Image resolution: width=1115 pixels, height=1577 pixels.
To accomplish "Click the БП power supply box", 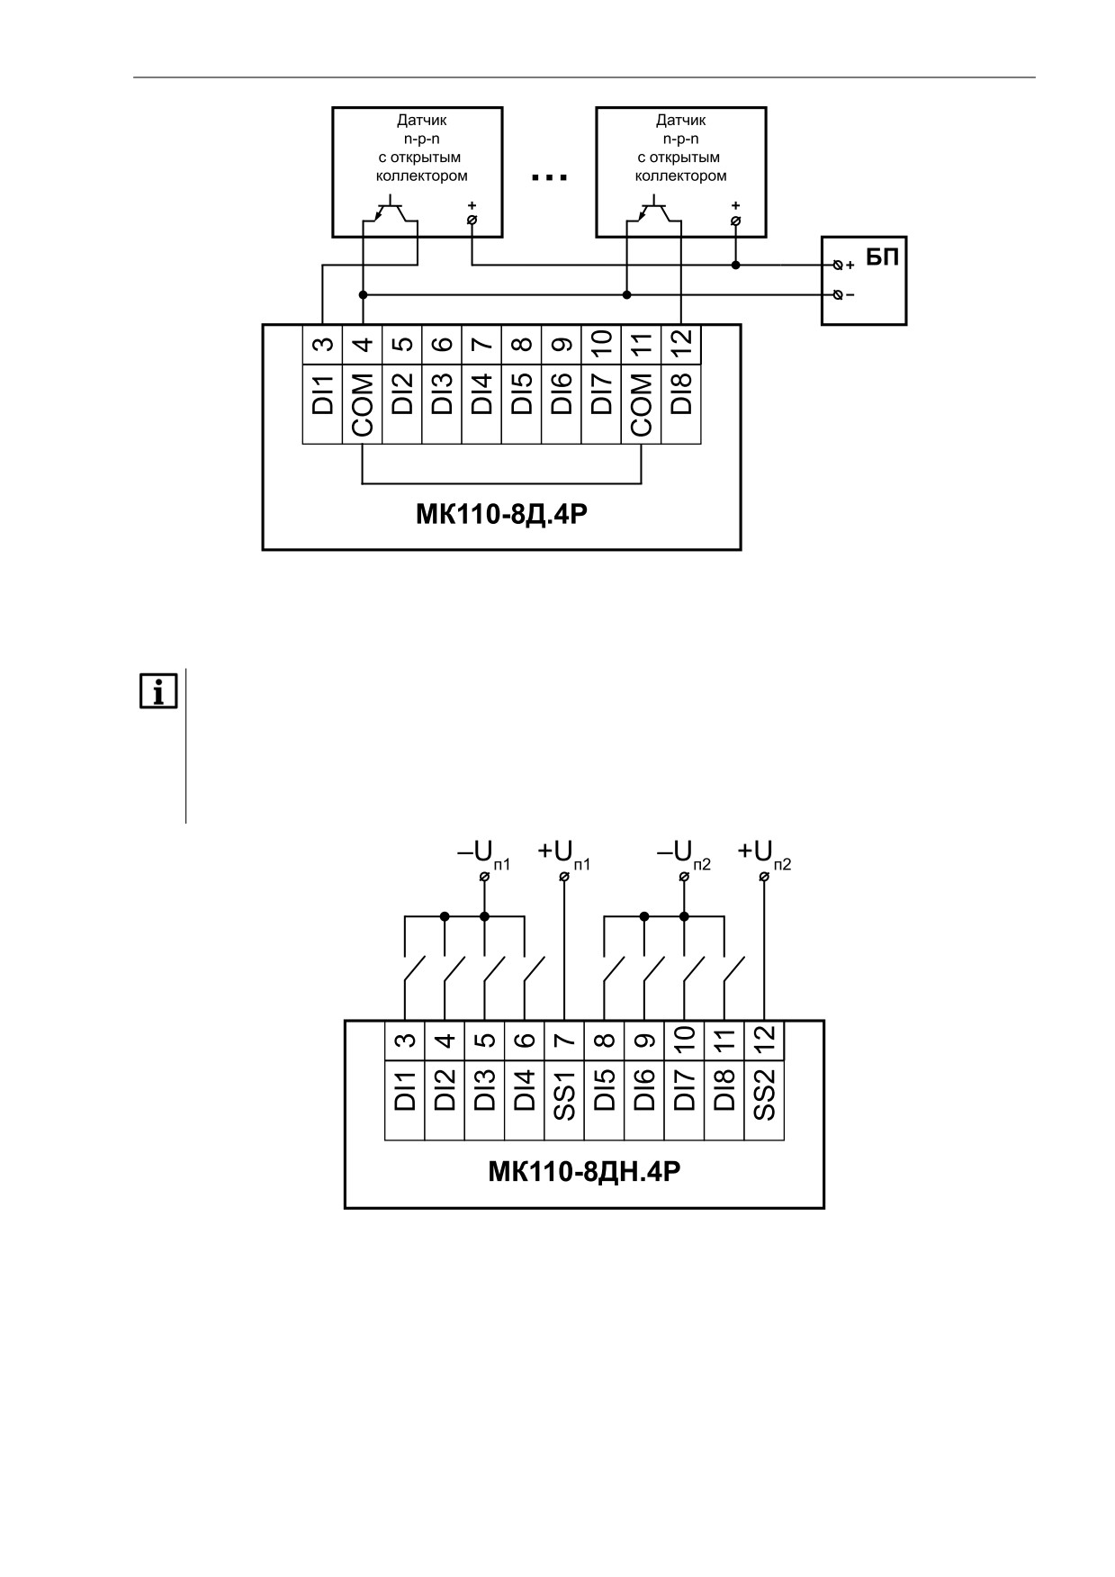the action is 863,280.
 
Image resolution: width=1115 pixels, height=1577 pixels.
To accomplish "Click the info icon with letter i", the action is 158,690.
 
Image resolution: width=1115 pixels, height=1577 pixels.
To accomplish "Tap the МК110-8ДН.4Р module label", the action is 584,1172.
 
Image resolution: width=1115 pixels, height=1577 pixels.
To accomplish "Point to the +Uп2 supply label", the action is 764,852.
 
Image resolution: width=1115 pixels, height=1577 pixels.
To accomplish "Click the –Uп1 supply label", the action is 484,852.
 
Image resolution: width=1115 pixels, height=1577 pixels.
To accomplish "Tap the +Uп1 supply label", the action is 564,852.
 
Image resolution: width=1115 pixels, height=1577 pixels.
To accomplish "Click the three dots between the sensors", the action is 549,177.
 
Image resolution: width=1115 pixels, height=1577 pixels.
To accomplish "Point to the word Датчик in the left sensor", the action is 422,120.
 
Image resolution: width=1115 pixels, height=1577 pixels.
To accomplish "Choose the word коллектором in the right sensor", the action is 681,176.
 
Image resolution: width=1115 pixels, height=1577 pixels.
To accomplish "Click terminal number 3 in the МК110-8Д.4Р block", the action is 323,344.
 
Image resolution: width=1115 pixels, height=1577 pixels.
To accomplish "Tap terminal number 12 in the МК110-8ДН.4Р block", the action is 764,1041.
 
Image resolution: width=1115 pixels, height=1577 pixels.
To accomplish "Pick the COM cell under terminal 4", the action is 363,403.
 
